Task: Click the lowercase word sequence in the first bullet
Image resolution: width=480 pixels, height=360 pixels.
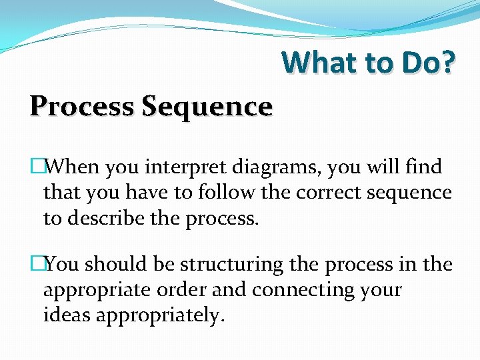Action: pos(407,193)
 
